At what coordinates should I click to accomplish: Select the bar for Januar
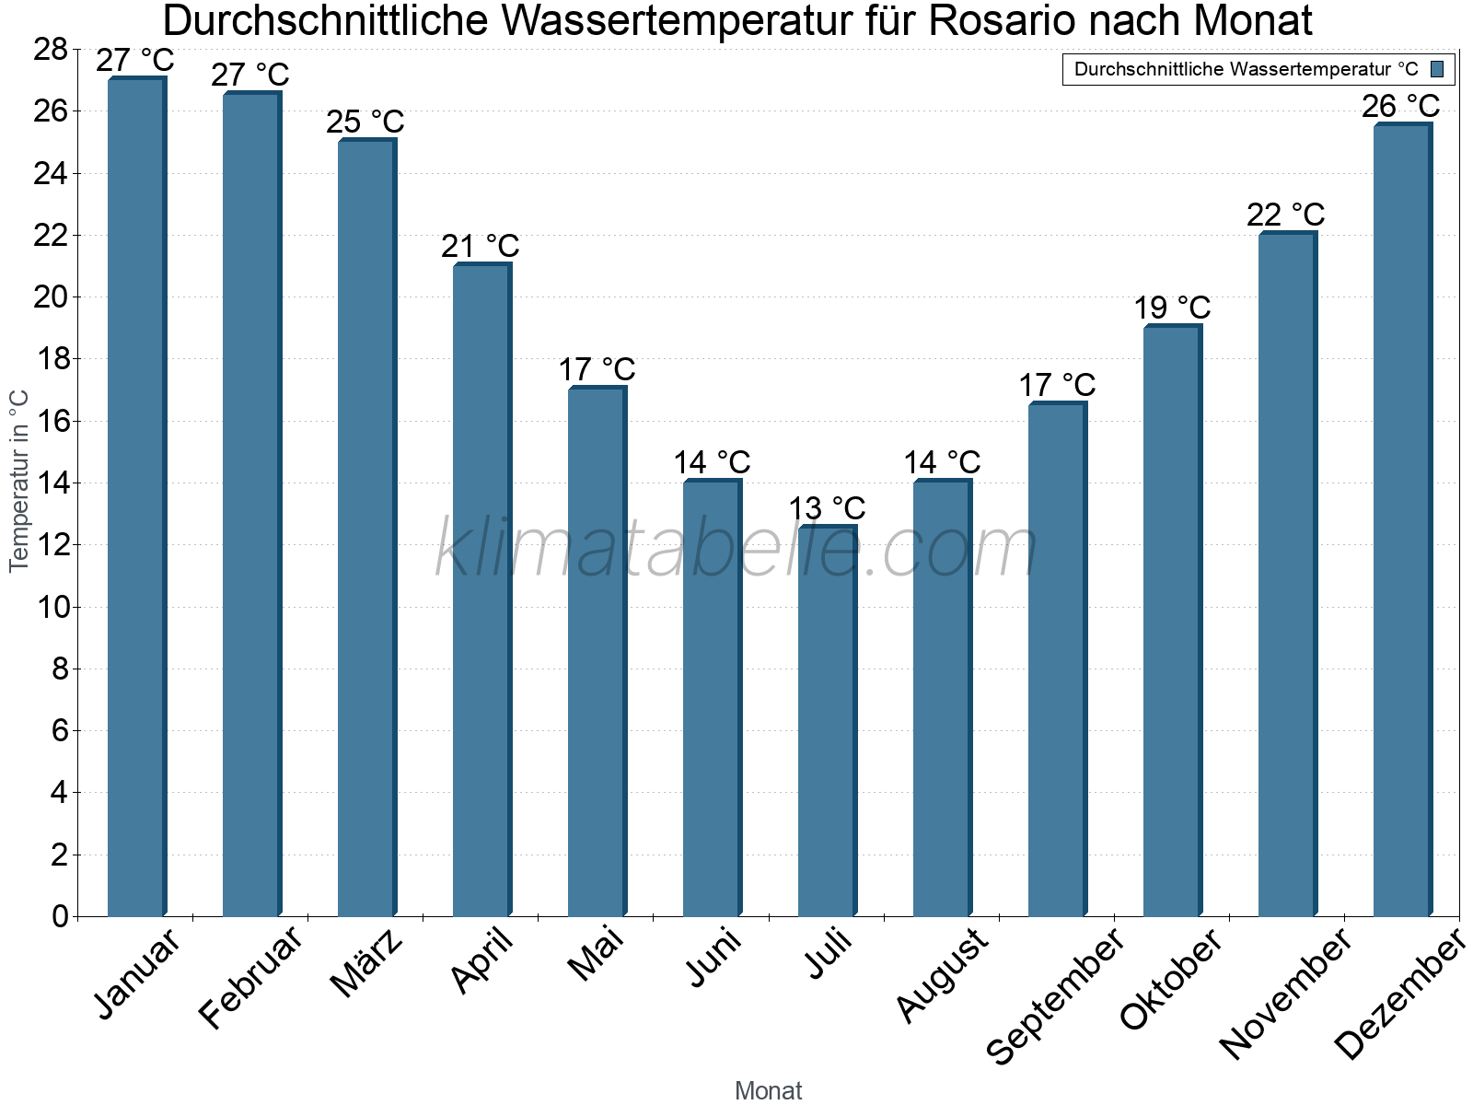(x=136, y=497)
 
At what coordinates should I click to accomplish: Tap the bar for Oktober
(x=1172, y=622)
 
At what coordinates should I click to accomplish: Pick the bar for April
(x=481, y=590)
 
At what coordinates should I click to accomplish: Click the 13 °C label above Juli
(x=827, y=508)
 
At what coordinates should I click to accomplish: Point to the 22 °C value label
(x=1285, y=215)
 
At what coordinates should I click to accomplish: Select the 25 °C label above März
(x=365, y=122)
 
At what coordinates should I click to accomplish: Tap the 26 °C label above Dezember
(x=1400, y=106)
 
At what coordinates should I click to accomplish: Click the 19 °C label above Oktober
(x=1171, y=308)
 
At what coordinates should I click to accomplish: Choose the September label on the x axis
(x=1055, y=995)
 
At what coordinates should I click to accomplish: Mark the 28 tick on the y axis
(x=51, y=50)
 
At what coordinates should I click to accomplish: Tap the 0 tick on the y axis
(x=61, y=916)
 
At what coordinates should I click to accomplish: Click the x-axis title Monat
(x=768, y=1090)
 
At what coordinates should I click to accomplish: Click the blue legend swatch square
(x=1437, y=69)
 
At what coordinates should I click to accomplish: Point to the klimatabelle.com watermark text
(x=736, y=550)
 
